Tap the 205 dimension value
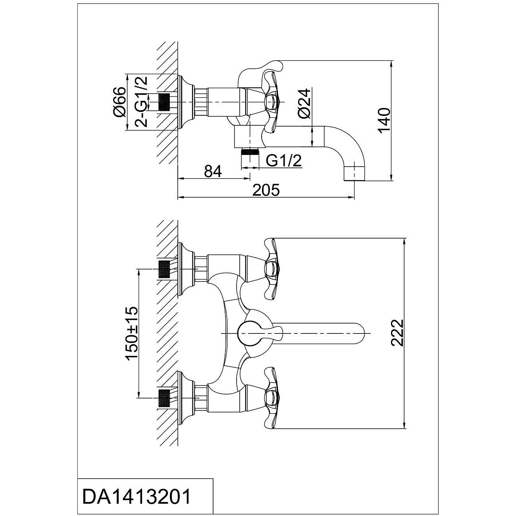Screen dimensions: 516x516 [266, 190]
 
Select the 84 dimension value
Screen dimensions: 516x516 [213, 171]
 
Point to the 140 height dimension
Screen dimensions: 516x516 [385, 120]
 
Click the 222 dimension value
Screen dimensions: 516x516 [397, 333]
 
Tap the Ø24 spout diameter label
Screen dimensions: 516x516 [304, 103]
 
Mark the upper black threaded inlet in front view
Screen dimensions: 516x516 [164, 269]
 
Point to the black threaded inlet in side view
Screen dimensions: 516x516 [164, 102]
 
